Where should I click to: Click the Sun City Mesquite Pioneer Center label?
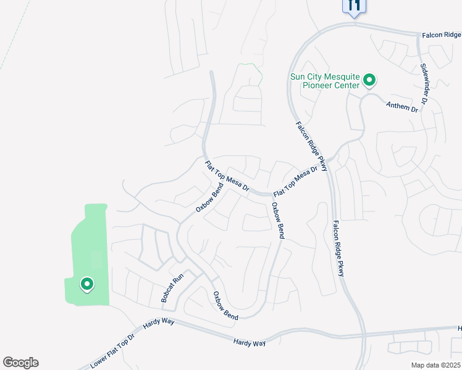click(325, 81)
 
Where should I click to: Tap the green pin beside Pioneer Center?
click(369, 80)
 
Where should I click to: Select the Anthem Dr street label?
click(402, 106)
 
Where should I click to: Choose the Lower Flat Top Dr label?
click(112, 351)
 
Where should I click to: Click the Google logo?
click(20, 363)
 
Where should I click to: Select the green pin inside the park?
click(87, 284)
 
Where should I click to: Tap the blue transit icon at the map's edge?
click(354, 6)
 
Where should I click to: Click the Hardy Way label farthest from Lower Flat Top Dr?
click(250, 342)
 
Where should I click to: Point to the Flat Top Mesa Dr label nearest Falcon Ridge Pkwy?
click(300, 178)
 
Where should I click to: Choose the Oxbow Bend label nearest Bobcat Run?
click(225, 306)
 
